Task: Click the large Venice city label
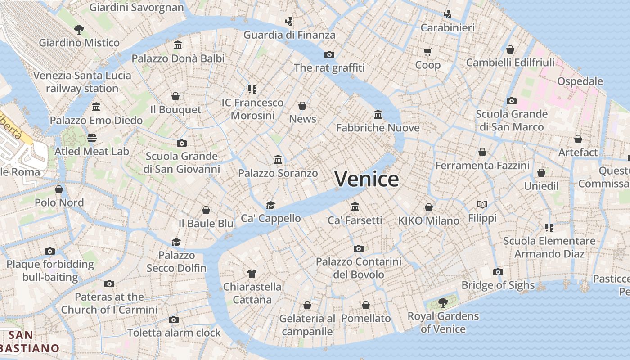tap(366, 179)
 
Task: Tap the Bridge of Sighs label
tap(498, 285)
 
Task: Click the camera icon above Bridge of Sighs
tap(498, 272)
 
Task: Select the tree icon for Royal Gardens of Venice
tap(443, 302)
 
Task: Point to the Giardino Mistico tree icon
tap(79, 30)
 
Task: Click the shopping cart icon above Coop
tap(427, 52)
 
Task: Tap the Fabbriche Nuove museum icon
tap(378, 115)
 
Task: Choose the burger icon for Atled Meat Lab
tap(92, 138)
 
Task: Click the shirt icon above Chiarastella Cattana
tap(252, 273)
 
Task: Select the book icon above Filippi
tap(482, 205)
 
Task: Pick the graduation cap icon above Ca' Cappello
tap(270, 205)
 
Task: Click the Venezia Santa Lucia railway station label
tap(82, 82)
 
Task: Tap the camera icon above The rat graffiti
tap(329, 54)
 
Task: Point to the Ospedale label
tap(580, 81)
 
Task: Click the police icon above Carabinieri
tap(447, 14)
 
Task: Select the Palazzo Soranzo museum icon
tap(278, 160)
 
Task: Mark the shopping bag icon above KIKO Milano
tap(429, 207)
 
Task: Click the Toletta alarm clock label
tap(174, 333)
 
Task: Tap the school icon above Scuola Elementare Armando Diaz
tap(549, 228)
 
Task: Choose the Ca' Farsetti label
tap(355, 220)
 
